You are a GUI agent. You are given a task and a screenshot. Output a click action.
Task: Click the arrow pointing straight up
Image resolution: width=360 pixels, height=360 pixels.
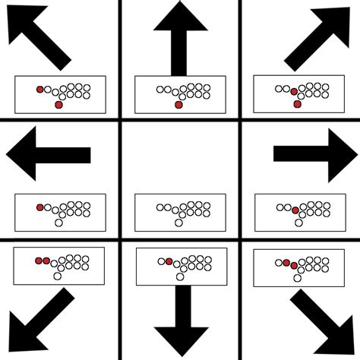(x=180, y=34)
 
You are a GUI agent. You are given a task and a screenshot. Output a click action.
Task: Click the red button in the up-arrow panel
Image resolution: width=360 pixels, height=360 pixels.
(x=178, y=105)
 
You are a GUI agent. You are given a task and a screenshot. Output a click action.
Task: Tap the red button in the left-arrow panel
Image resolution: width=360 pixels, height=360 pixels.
(x=40, y=206)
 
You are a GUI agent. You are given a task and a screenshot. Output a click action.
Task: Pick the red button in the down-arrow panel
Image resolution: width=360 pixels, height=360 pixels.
(x=169, y=261)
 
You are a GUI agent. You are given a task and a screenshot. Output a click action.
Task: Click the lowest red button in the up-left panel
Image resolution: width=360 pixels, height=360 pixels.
(x=59, y=105)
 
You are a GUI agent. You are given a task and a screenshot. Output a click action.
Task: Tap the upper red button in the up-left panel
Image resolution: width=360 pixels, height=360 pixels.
(x=40, y=89)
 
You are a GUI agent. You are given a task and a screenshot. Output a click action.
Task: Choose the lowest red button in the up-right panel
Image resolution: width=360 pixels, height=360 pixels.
(x=298, y=105)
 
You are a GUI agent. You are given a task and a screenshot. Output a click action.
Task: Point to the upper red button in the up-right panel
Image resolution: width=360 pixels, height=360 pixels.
(x=294, y=92)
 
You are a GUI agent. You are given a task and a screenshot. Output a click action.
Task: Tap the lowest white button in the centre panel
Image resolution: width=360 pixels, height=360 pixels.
(x=179, y=222)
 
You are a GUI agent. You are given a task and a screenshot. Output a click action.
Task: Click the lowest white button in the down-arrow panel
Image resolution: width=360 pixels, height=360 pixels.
(x=179, y=277)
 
